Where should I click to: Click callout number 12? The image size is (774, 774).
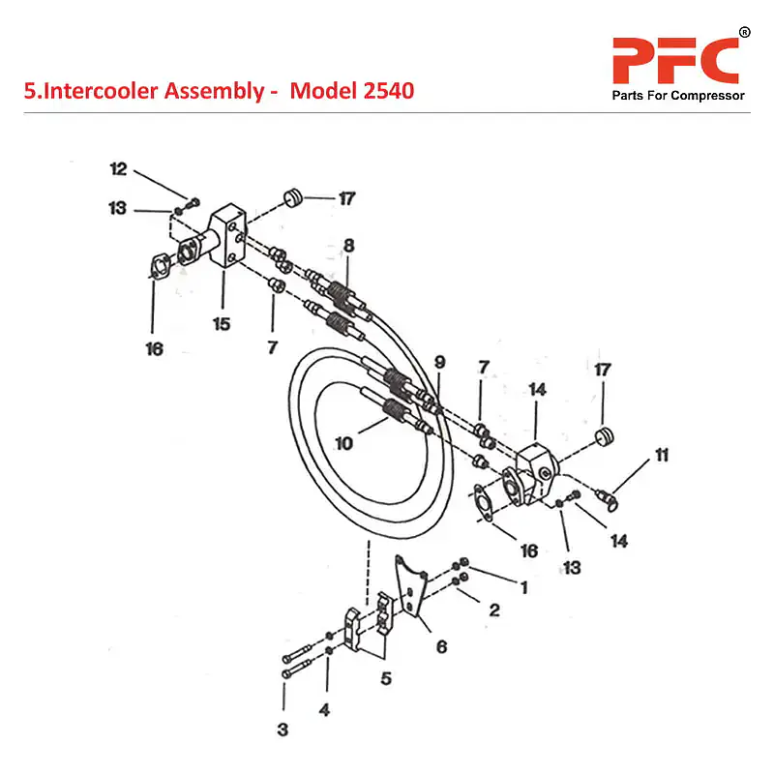click(x=118, y=169)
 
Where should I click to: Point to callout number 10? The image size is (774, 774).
click(x=342, y=443)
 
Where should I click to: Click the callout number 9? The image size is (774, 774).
click(x=439, y=362)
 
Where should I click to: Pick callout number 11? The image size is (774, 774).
click(x=662, y=454)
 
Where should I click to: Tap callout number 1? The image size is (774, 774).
click(x=523, y=586)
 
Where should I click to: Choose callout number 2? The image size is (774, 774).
click(x=493, y=610)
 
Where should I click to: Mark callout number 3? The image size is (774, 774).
click(x=283, y=730)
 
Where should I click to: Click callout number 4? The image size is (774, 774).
click(x=324, y=710)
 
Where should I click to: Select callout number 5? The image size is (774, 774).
click(x=385, y=679)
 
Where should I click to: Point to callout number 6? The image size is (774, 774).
click(x=441, y=646)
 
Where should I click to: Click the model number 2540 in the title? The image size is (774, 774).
click(x=384, y=91)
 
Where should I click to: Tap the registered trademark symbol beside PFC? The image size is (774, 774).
click(x=744, y=33)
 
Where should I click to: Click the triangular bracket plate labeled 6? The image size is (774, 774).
click(x=413, y=586)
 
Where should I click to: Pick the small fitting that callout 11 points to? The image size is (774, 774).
click(x=607, y=498)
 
